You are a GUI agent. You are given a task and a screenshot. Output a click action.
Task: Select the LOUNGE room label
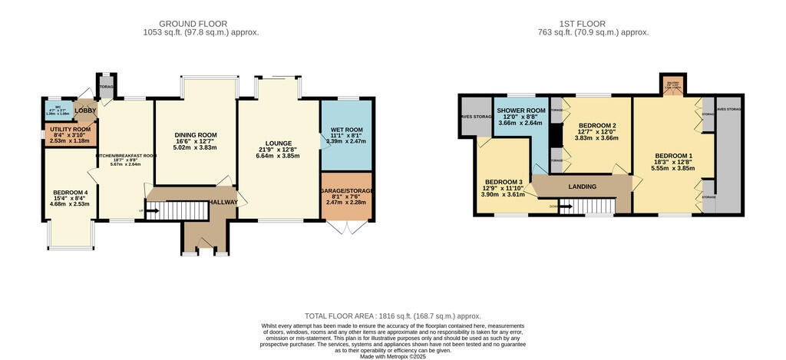[278, 144]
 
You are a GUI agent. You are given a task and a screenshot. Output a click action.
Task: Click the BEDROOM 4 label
[70, 193]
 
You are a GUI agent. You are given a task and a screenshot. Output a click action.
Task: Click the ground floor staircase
[177, 210]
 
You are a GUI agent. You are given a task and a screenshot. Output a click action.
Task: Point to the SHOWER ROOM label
[520, 111]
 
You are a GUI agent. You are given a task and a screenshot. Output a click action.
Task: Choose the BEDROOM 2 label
[597, 126]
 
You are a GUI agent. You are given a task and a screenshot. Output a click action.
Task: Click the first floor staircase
[587, 206]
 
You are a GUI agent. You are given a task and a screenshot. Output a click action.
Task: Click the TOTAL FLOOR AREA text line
[392, 315]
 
